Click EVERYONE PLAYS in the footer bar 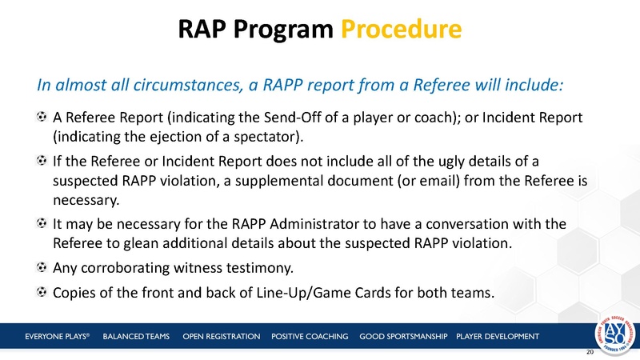point(55,334)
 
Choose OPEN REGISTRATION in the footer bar point(222,334)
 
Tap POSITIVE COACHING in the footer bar point(310,334)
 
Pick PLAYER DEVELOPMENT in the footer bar point(497,334)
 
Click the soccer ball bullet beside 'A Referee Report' point(41,118)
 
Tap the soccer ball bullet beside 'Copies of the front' point(41,292)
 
